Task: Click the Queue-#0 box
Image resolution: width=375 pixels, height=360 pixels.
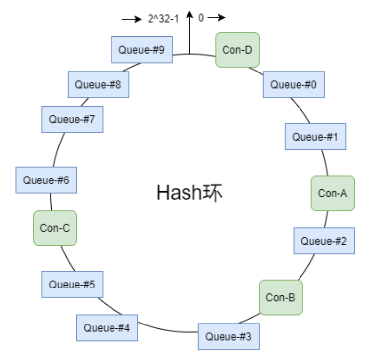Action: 293,84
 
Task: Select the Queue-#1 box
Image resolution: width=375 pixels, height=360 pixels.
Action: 315,137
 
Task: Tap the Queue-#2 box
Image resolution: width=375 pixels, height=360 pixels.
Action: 324,241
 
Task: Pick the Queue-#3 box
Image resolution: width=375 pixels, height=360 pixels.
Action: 228,337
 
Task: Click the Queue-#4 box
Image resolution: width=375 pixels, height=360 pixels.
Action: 107,328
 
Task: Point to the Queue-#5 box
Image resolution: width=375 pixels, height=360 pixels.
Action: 72,284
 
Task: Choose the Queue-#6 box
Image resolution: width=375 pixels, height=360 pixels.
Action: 46,180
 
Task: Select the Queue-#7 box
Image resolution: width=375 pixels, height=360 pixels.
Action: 72,119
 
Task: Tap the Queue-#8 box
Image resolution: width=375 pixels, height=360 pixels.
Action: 98,84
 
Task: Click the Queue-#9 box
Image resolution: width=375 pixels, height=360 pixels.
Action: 142,50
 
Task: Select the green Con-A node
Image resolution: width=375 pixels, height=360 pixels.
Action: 333,193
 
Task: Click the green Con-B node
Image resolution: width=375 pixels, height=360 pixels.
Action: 281,297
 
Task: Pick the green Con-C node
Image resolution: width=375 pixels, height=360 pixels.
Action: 55,228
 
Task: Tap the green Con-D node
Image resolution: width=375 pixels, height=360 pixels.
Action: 237,50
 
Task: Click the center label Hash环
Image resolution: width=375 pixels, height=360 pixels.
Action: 189,193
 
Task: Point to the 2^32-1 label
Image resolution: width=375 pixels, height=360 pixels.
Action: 163,19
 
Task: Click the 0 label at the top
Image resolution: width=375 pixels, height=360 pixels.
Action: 201,18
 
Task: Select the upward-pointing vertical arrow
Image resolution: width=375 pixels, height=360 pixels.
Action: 189,35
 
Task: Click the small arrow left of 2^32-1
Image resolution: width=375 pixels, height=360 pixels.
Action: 131,19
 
